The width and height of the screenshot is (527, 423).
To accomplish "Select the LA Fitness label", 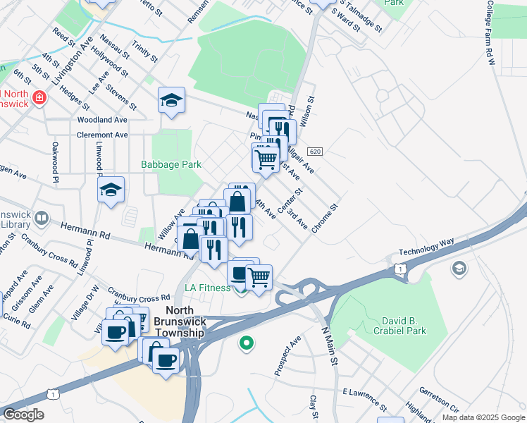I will [207, 288].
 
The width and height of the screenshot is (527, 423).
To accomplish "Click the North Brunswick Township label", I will [185, 322].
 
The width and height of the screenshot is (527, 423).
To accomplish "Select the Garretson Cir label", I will [439, 399].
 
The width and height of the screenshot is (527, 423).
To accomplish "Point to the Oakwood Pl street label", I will [54, 163].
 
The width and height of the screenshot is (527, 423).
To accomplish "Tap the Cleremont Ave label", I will [103, 135].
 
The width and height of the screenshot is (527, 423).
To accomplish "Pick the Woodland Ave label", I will [101, 120].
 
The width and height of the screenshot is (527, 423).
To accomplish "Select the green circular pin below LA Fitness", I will [246, 344].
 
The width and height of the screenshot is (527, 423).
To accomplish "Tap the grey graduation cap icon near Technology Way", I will [459, 268].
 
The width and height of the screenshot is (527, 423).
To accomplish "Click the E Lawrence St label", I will [364, 398].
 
